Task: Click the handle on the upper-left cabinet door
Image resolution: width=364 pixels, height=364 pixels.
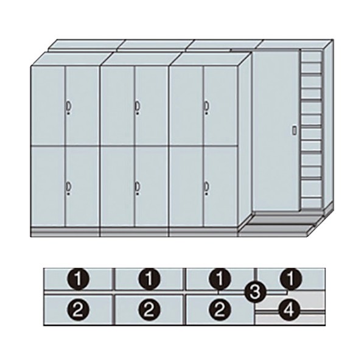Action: point(68,106)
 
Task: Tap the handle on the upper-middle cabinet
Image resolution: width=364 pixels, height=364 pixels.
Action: point(138,106)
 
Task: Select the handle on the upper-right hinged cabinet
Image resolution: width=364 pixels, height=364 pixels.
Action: point(206,106)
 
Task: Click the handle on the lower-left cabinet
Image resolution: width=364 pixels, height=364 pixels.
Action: point(68,186)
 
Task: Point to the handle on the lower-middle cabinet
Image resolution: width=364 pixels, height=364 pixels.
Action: point(138,186)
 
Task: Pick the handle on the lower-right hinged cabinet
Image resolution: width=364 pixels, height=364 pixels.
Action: point(206,186)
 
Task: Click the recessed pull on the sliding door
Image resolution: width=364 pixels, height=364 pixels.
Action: point(295,130)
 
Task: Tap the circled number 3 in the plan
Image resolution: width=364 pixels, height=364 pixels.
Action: point(255,292)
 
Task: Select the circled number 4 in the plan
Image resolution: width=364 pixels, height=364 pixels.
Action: point(290,309)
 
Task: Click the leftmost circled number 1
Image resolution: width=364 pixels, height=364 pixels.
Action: point(79,279)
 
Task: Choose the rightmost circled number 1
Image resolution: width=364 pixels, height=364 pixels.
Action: point(290,279)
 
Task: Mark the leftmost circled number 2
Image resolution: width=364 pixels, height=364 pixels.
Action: point(79,310)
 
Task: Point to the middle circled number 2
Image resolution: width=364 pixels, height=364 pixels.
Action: point(150,310)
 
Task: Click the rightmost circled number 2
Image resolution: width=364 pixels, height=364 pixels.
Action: point(220,310)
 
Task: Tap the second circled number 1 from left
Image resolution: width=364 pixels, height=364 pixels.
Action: point(150,279)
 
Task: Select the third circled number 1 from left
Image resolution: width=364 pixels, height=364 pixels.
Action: point(220,279)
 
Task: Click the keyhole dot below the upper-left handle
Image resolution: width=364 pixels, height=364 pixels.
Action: point(69,113)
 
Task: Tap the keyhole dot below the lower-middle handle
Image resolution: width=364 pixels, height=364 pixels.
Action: point(138,194)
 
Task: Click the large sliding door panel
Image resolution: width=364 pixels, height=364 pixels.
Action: point(276,130)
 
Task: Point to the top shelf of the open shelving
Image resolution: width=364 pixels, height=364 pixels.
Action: point(312,57)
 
